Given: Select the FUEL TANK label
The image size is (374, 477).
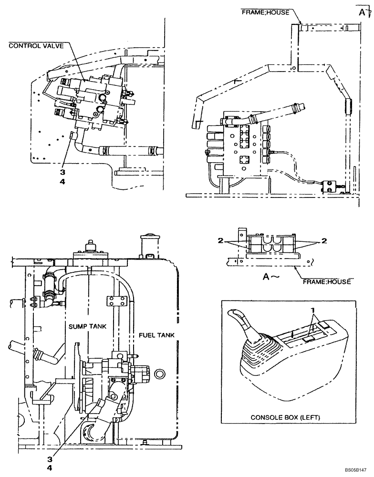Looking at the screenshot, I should [x=156, y=335].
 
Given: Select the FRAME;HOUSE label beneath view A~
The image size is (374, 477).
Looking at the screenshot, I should [x=327, y=281].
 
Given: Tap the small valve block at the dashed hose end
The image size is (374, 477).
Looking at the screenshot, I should [x=328, y=186].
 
